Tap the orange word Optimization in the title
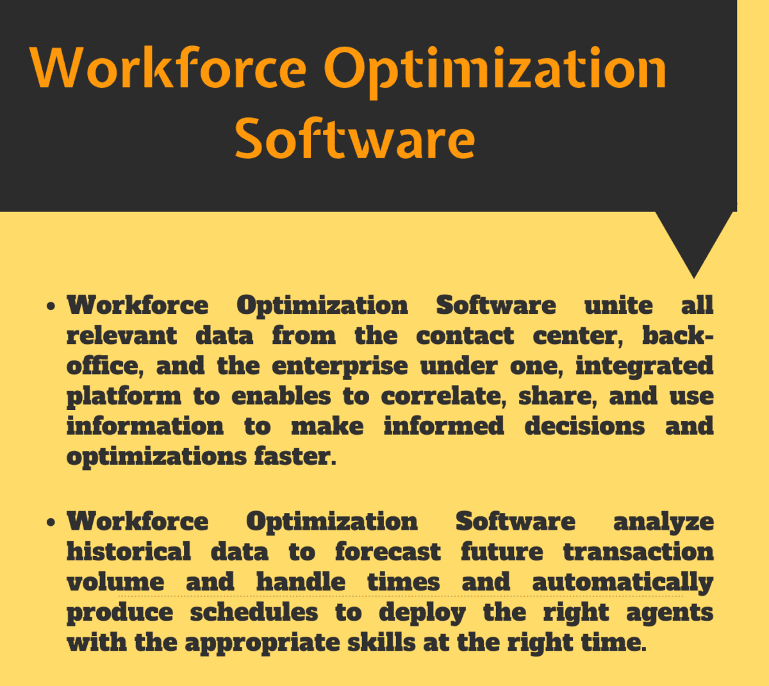click(495, 72)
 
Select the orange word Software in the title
click(355, 138)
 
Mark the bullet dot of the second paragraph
click(51, 522)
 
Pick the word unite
click(618, 306)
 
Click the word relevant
click(122, 336)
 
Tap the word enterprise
click(340, 367)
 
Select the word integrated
click(645, 367)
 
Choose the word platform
click(124, 397)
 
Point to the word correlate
click(443, 396)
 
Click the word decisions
click(584, 426)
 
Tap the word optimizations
click(157, 457)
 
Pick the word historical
click(129, 551)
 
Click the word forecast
click(388, 551)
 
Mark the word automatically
click(623, 583)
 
